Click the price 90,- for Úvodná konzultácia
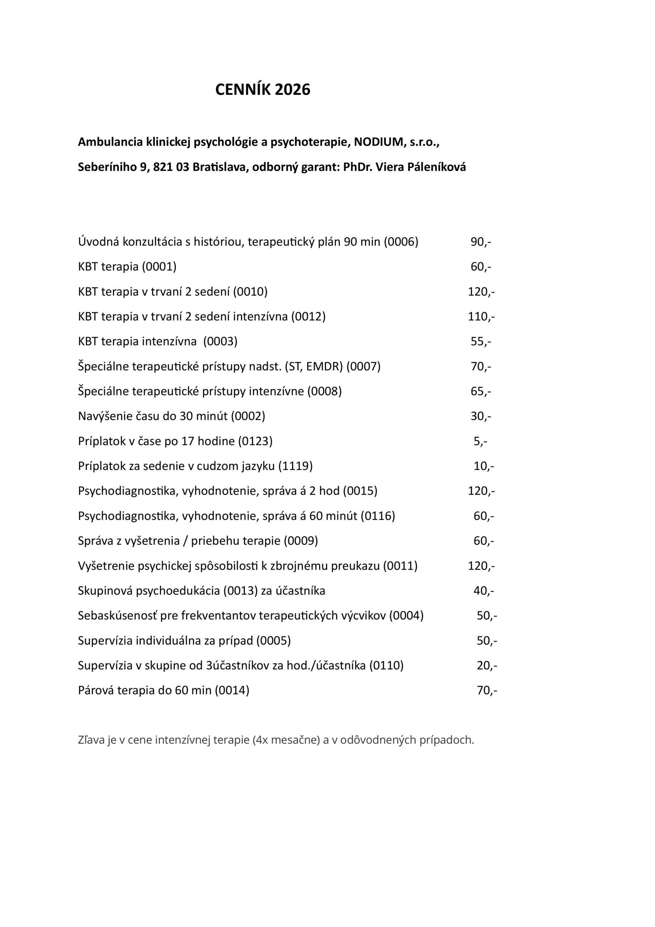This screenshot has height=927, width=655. pos(480,242)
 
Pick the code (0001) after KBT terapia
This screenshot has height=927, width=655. pos(159,267)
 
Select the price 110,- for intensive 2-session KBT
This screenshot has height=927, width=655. pos(481,316)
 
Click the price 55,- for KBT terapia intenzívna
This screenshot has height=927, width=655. pos(480,341)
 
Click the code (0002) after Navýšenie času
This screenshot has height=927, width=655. pos(248,416)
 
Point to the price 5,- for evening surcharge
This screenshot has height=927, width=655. pos(480,441)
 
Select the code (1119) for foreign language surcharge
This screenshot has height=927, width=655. pos(295,466)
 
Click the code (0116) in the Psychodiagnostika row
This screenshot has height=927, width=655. pos(378,516)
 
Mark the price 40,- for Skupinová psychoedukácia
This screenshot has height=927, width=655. pos(483,591)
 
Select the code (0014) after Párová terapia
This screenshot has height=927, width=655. pos(232,691)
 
